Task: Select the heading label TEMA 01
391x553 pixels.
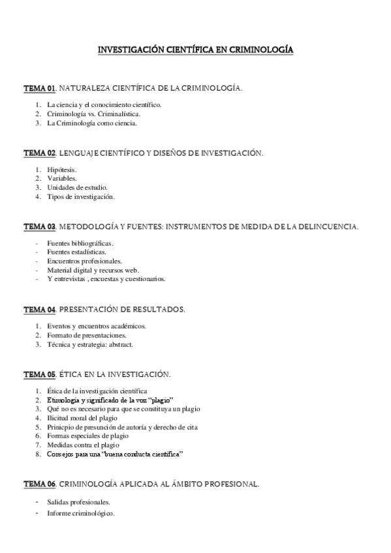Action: [x=40, y=87]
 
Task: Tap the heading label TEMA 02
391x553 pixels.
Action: [x=40, y=153]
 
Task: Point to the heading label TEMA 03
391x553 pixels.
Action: [x=40, y=226]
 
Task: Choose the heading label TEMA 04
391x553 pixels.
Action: [x=40, y=309]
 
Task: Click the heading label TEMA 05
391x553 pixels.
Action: [x=40, y=374]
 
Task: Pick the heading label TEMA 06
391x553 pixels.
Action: [x=40, y=484]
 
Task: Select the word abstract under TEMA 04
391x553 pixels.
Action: [x=138, y=344]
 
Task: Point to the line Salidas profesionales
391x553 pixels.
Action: [x=78, y=502]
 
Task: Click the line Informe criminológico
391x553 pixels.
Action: [x=81, y=514]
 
